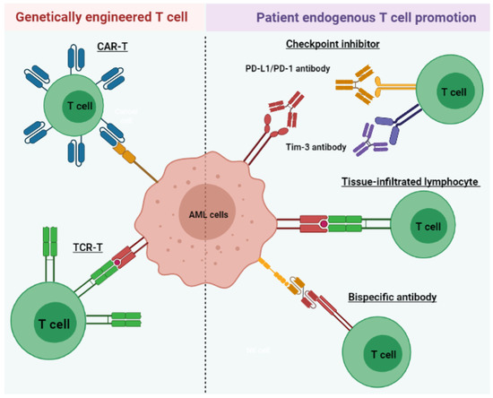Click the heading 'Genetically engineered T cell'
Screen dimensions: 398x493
[101, 17]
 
